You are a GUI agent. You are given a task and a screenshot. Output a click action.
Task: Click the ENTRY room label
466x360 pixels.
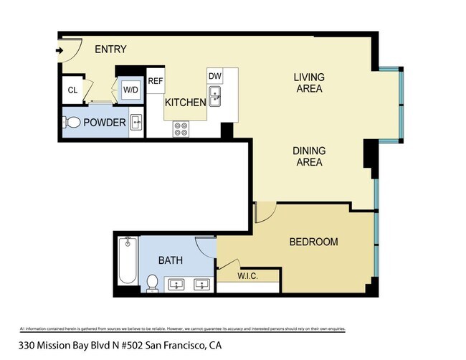coord(110,49)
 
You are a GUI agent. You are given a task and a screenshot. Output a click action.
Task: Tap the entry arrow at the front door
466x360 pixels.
coord(60,50)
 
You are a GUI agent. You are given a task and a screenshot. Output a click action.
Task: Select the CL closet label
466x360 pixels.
coord(72,90)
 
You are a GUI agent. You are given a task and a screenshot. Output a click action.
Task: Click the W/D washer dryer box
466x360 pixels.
coord(130,90)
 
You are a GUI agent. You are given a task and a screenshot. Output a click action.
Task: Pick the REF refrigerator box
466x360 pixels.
coord(156,81)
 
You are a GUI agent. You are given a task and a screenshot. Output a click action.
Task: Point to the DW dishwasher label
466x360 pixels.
coord(214,76)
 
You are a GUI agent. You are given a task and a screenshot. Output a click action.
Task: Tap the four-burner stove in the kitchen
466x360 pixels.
coord(181,129)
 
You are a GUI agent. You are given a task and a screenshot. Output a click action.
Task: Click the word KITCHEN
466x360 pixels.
coord(186,103)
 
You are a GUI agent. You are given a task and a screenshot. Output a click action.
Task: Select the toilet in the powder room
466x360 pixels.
coord(71,123)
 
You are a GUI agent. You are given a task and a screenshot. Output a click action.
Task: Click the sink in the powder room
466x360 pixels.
coord(135,123)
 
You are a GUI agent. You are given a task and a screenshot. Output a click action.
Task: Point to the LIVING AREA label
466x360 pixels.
coord(309,83)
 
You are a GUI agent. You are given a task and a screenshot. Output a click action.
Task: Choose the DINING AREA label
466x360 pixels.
coord(309,156)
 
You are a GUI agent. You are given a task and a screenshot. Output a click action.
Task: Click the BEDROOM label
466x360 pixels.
coord(313,242)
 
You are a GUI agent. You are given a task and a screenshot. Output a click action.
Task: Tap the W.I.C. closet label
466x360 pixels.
coord(247,276)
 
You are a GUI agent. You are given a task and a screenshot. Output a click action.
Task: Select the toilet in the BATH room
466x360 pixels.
coord(152,283)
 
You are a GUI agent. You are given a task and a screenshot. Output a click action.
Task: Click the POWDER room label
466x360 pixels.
coord(105,123)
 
